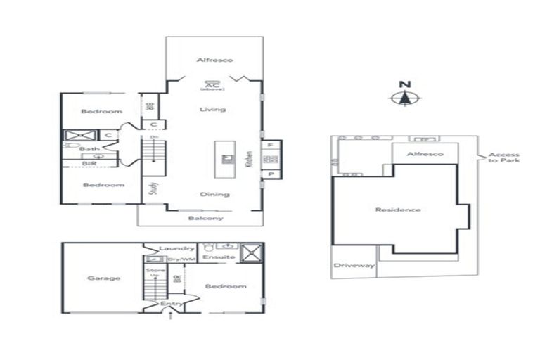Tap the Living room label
(212, 110)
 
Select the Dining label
(214, 195)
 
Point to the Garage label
(103, 278)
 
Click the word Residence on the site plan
(398, 210)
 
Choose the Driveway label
(354, 266)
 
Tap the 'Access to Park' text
(504, 157)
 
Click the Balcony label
(206, 218)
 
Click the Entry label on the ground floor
(172, 303)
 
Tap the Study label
(154, 188)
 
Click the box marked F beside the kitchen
(270, 145)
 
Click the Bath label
(89, 149)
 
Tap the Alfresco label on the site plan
(425, 154)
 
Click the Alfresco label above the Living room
(214, 60)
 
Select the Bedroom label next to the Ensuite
(226, 286)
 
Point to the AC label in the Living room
(209, 84)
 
